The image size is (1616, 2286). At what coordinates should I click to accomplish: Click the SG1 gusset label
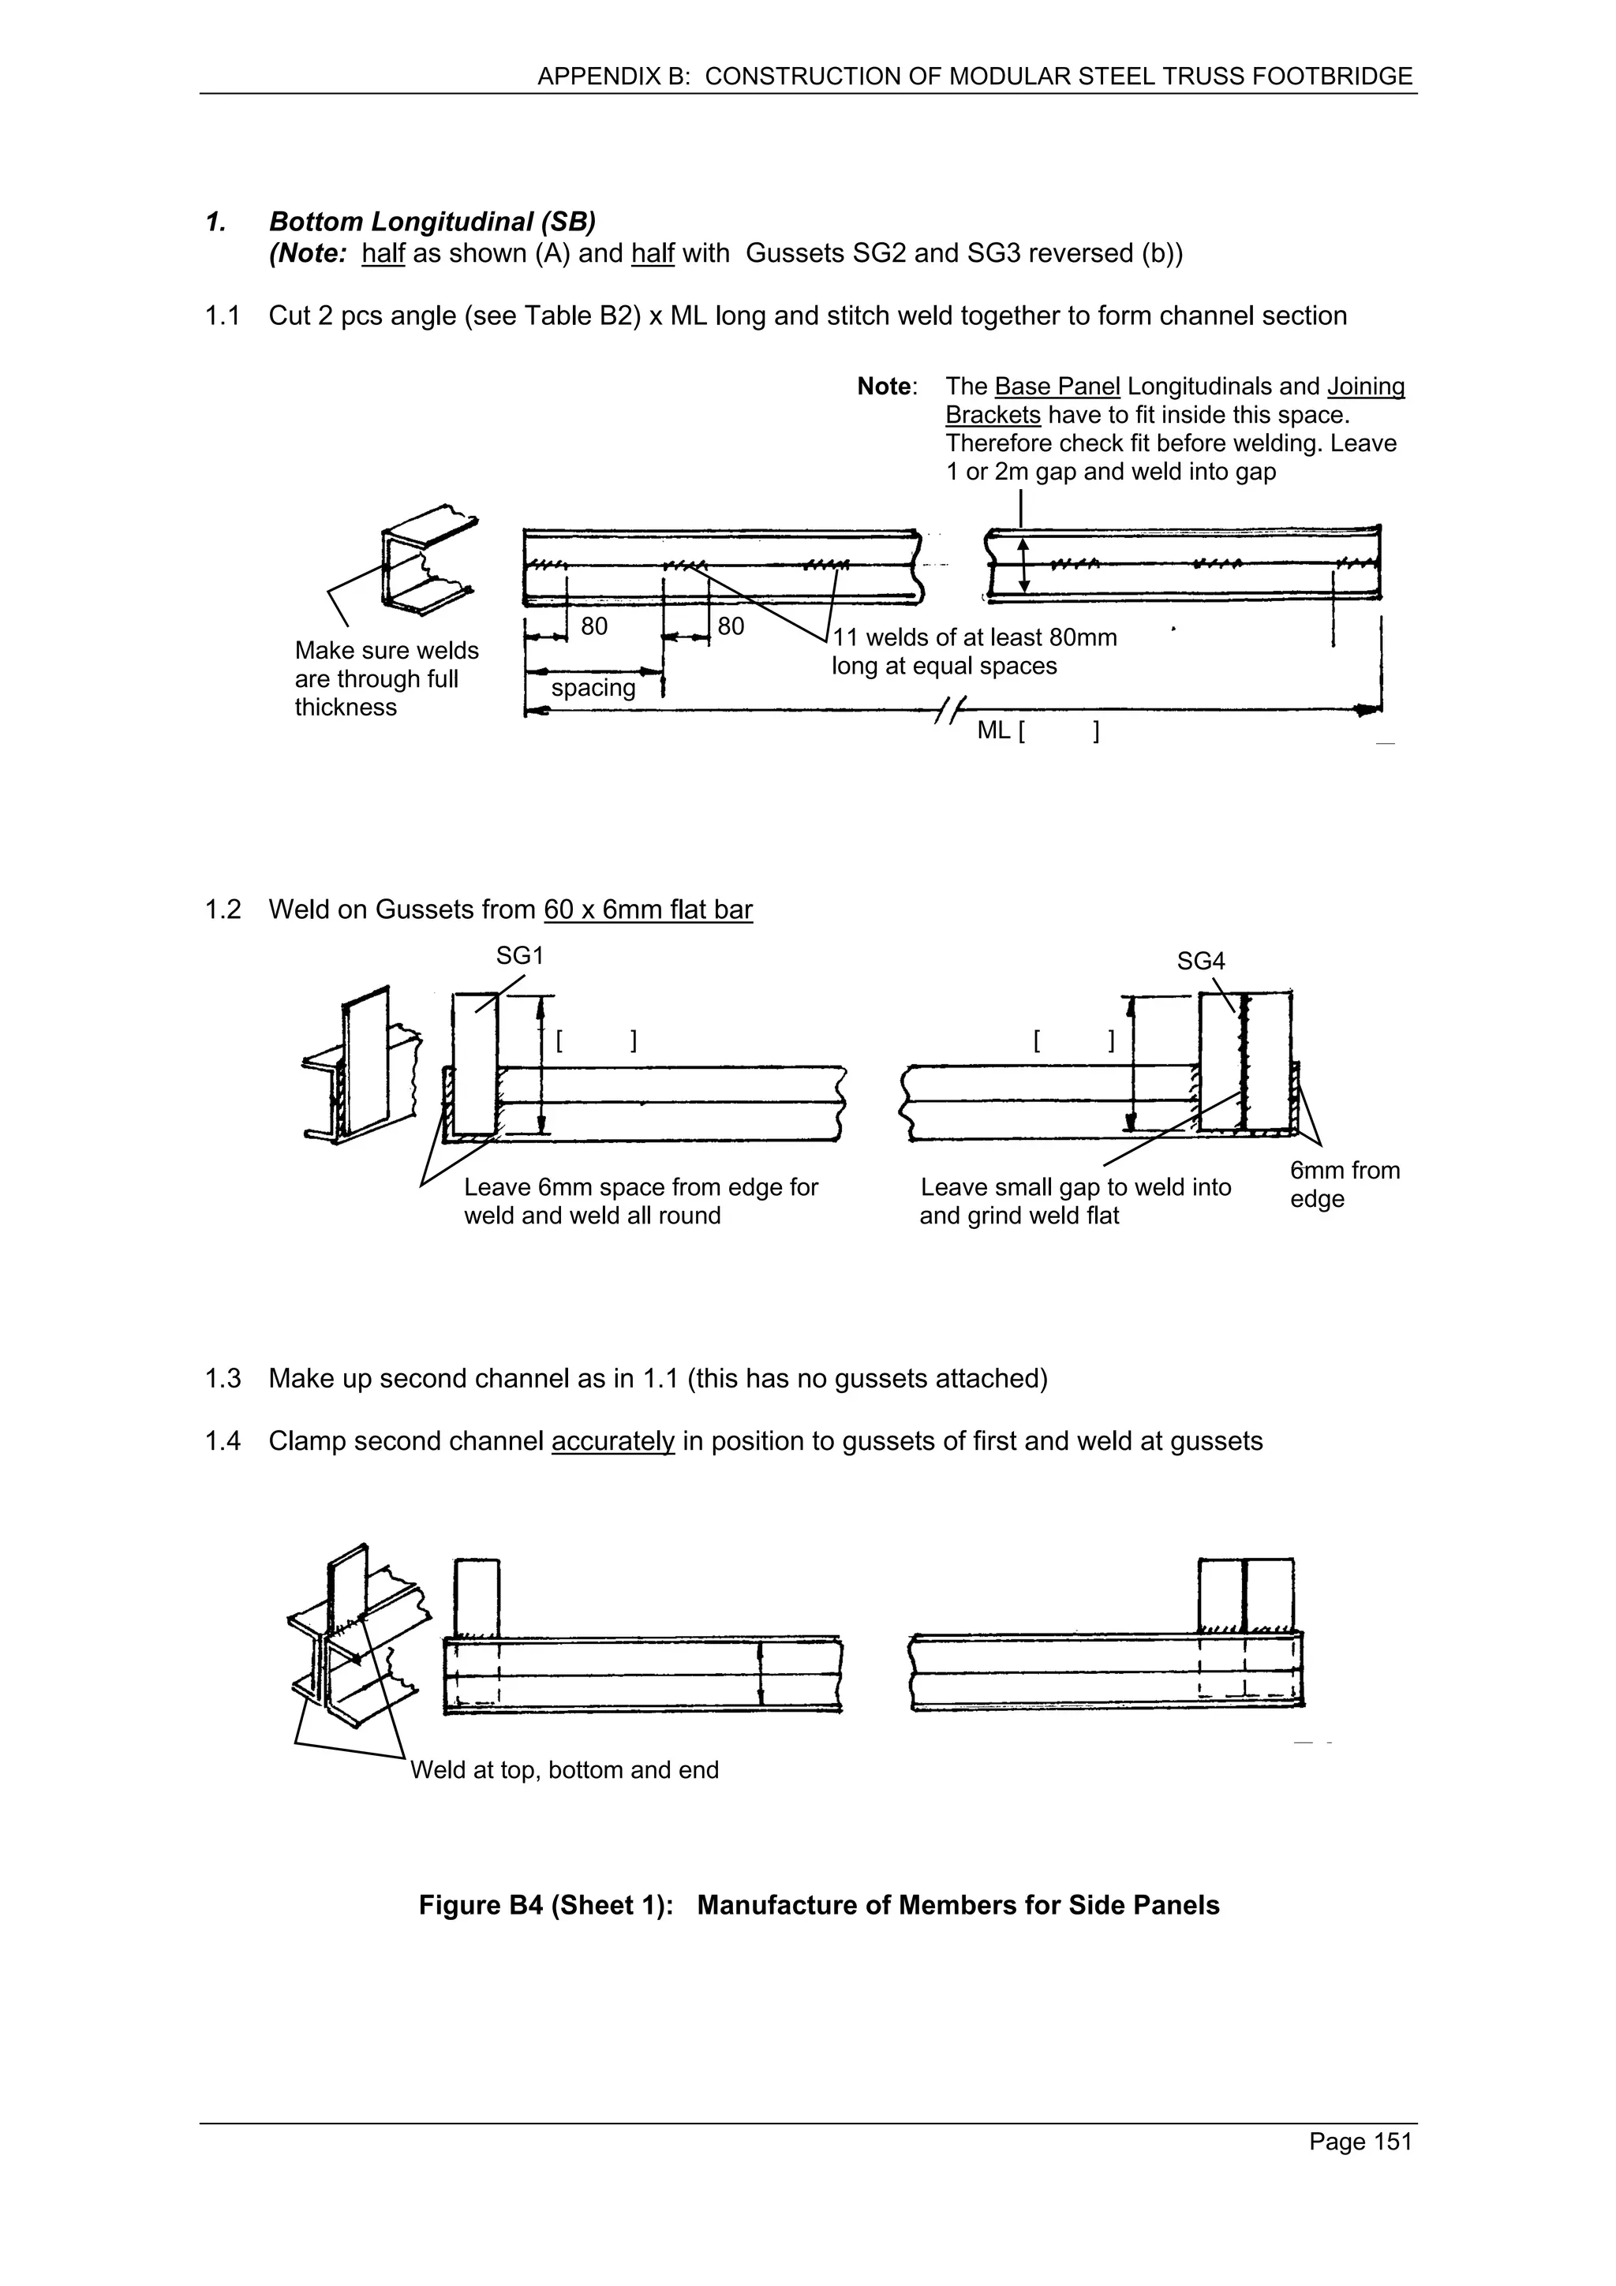[520, 956]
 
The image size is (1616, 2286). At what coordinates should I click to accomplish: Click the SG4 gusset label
[1200, 961]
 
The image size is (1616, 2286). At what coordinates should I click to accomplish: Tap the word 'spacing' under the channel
[593, 688]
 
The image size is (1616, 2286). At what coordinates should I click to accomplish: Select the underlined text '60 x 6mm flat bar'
[647, 910]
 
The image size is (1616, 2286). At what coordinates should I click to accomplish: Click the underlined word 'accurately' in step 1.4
[612, 1442]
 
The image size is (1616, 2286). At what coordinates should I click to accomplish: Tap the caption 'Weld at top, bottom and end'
[563, 1770]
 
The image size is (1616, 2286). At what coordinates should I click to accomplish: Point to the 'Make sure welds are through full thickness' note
[387, 679]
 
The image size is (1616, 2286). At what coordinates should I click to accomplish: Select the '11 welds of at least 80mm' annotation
[974, 637]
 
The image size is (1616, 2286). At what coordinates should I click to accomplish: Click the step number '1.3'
[223, 1379]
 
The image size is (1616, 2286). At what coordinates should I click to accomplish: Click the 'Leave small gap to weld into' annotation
[1075, 1187]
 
